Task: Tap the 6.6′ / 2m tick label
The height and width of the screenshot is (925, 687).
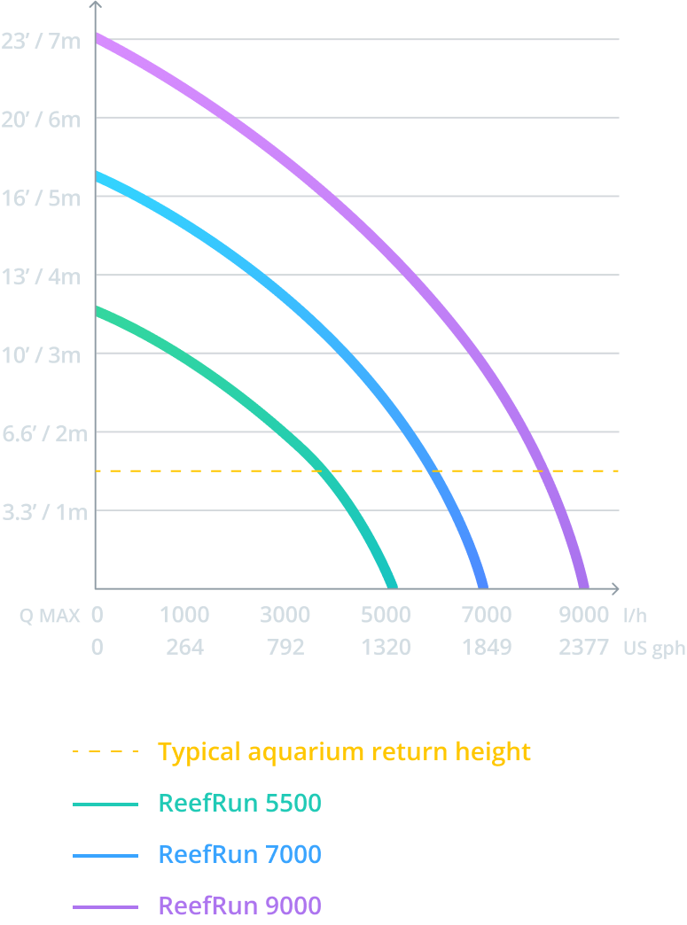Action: coord(44,433)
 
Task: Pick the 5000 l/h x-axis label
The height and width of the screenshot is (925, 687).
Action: coord(386,615)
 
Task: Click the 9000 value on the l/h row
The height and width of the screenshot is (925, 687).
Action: coord(583,615)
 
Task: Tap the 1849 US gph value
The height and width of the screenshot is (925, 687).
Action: coord(487,648)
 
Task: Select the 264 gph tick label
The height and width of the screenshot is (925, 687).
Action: coord(184,648)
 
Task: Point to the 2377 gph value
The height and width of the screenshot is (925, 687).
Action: coord(583,648)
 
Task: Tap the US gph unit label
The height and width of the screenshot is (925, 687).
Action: coord(654,649)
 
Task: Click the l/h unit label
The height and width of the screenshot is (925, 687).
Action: coord(636,615)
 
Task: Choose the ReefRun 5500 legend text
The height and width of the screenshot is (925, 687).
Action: coord(239,804)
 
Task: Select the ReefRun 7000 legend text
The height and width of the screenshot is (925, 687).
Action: coord(239,855)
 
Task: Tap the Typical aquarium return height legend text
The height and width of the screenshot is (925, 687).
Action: coord(344,752)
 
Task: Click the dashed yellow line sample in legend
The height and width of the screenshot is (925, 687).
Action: coord(105,752)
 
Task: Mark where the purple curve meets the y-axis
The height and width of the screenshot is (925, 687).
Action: coord(97,36)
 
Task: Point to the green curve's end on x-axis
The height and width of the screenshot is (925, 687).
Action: coord(392,585)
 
